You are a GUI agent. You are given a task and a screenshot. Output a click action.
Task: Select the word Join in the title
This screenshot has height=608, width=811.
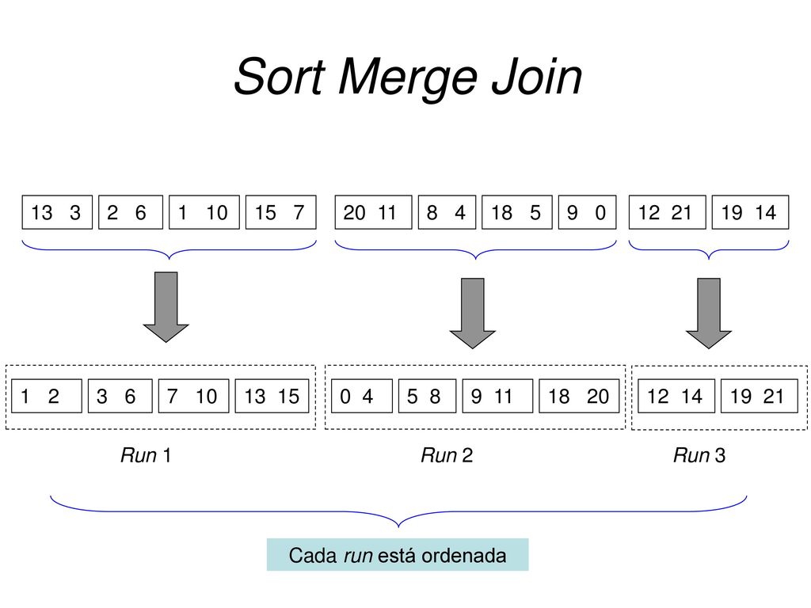coord(537,77)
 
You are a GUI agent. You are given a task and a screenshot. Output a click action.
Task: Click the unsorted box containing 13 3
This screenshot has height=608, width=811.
coord(57,212)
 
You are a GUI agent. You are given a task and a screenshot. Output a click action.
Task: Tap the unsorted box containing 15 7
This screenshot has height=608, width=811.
coord(281,212)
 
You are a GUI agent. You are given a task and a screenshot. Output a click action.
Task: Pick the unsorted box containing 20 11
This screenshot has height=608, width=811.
coord(374,212)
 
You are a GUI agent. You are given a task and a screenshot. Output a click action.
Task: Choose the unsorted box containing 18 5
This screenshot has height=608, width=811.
coord(516,212)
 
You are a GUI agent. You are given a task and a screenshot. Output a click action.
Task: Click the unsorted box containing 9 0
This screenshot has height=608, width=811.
coord(588,212)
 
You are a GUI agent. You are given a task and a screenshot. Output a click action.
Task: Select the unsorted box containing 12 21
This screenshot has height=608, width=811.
coord(667,212)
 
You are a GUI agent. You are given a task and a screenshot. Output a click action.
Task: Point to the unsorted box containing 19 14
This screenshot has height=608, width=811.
coord(751,212)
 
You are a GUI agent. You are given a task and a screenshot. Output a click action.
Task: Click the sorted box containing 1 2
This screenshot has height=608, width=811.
coord(47,396)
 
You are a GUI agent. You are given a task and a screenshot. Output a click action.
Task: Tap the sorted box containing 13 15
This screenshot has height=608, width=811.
coord(272,396)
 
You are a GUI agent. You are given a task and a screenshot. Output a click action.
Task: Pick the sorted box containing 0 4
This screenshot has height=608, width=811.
coord(361,396)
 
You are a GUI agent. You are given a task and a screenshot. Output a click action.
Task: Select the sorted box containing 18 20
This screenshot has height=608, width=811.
coord(579,396)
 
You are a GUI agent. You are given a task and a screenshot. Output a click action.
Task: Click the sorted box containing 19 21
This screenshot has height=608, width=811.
coord(760,396)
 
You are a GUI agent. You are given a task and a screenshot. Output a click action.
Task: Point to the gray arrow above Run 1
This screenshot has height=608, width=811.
coord(166,307)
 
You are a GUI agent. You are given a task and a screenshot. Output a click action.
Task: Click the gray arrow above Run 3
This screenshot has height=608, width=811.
coord(709,313)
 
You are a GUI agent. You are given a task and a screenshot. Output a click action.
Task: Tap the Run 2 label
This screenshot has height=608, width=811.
coord(447,455)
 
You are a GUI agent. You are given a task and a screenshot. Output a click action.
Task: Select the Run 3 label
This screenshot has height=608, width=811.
coord(699,455)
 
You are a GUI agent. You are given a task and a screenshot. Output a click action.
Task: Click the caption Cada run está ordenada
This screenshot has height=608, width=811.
coord(398,555)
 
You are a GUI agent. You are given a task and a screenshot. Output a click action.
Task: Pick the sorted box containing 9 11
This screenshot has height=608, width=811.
coord(497,396)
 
